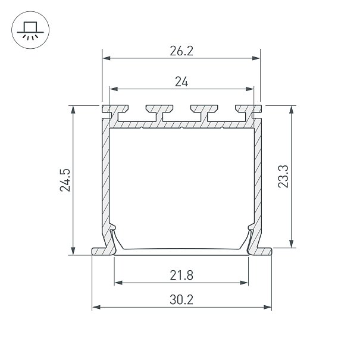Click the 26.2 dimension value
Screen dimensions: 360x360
(x=181, y=51)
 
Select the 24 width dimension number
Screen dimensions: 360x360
(x=181, y=82)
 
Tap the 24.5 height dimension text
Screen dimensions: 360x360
(x=65, y=180)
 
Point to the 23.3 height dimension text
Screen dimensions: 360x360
(x=283, y=176)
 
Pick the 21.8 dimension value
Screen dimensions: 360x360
(x=181, y=276)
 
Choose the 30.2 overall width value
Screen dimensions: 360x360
(x=181, y=300)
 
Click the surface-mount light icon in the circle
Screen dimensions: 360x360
(x=30, y=30)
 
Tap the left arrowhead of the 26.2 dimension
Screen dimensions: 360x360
(x=107, y=58)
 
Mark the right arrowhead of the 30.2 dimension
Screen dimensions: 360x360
(x=268, y=307)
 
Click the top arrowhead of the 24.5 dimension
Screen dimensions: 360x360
(x=73, y=109)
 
